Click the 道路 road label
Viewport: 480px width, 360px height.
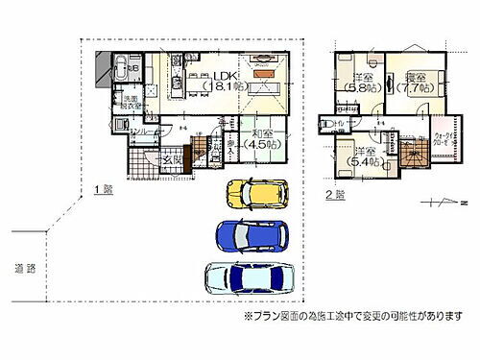click(25, 265)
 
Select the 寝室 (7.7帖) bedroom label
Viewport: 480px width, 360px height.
click(418, 81)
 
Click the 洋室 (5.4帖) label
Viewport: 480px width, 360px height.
click(363, 159)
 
